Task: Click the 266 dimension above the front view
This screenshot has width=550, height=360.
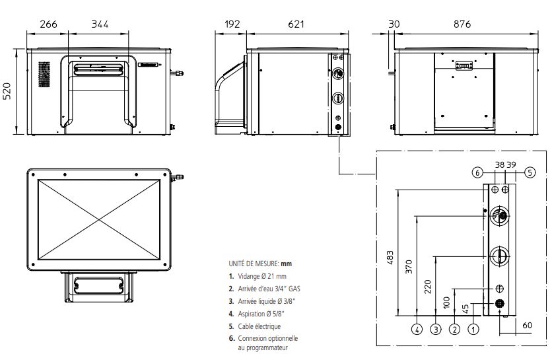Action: tap(48, 24)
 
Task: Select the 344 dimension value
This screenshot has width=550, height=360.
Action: tap(100, 24)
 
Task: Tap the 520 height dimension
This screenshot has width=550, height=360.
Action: tap(7, 91)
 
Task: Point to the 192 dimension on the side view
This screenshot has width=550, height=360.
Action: tap(232, 24)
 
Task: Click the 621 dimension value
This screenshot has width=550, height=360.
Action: tap(296, 24)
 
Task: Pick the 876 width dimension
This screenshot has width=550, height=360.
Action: tap(462, 24)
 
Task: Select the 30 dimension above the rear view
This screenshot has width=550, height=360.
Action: tap(394, 24)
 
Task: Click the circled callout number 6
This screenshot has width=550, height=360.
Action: tap(477, 172)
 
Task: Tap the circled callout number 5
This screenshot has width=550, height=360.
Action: tap(530, 172)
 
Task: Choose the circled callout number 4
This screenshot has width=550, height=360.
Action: tap(417, 330)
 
